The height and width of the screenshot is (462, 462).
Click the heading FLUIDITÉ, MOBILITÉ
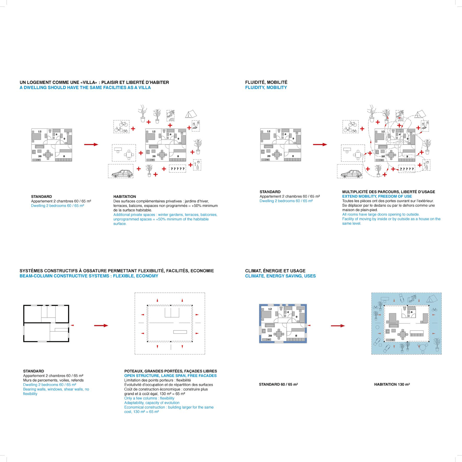pos(266,82)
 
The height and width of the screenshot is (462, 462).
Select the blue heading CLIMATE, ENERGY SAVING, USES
pos(280,276)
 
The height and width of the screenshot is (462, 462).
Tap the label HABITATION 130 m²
pos(392,384)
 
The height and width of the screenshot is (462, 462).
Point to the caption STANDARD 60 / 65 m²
pos(278,384)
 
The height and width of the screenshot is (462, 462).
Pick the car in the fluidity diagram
pos(351,174)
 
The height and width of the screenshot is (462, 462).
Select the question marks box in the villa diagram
pos(177,169)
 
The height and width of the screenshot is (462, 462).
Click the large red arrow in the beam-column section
pos(101,326)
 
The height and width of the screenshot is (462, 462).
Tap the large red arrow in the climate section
pos(338,326)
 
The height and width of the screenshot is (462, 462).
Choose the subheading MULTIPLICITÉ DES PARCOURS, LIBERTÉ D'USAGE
pos(388,192)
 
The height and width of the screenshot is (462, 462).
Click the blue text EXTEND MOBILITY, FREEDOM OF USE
pos(377,196)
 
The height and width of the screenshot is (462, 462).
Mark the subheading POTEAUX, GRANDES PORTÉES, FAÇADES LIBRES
pos(170,371)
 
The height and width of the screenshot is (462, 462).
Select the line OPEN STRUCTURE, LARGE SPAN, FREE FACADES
pos(170,376)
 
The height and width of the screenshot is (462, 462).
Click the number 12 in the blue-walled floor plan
pos(270,309)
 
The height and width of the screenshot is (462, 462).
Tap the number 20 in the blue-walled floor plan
pos(270,336)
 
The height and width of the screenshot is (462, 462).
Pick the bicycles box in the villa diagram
pos(121,127)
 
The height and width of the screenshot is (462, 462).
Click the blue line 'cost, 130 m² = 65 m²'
pos(141,412)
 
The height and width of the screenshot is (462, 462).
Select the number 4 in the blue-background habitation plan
pos(411,312)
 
